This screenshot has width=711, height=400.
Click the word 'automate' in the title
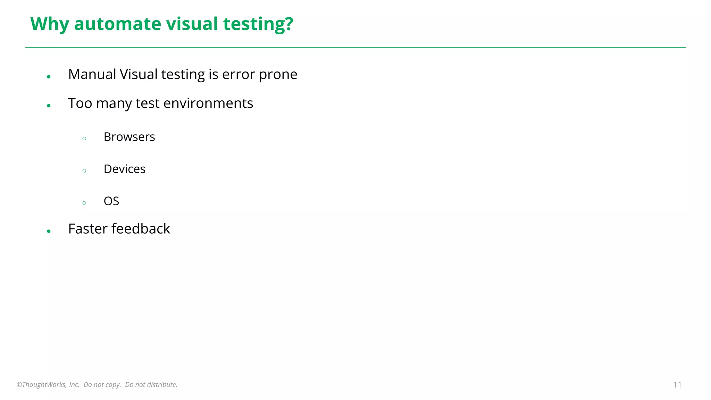point(118,24)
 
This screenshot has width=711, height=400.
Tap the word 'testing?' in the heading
point(258,24)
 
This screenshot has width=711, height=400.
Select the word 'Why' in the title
point(50,24)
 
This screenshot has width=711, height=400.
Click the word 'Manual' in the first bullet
point(92,74)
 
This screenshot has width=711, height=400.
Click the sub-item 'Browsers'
point(129,137)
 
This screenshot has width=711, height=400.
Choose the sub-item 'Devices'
point(124,169)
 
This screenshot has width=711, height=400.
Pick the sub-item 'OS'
point(111,201)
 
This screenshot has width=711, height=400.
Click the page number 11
point(677,385)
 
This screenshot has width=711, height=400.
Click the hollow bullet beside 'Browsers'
point(84,139)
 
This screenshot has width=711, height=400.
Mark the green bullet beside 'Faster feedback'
point(49,231)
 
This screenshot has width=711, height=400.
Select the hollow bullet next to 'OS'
point(84,203)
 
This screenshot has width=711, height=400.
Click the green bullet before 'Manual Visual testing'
point(49,77)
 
